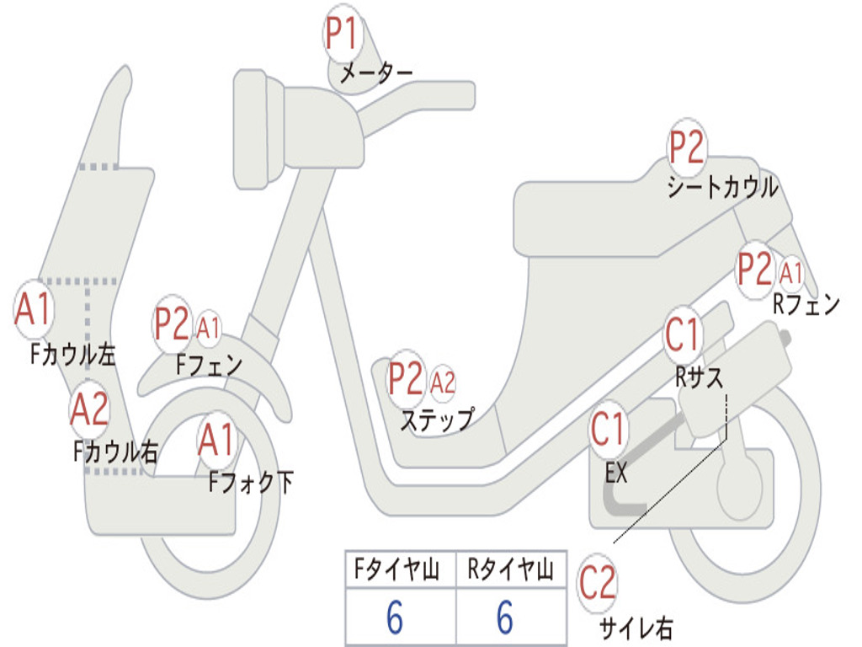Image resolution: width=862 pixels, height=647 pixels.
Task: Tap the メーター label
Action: [375, 74]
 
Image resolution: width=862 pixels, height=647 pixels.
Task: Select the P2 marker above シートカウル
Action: [687, 149]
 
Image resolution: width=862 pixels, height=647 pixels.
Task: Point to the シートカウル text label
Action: [722, 188]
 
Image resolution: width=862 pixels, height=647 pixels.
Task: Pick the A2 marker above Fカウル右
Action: [89, 409]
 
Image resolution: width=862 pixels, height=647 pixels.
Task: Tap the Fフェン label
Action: [209, 366]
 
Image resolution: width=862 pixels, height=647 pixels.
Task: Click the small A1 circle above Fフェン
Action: [208, 327]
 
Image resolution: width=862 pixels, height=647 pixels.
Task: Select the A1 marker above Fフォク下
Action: [217, 438]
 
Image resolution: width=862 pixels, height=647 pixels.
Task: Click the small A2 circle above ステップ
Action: [442, 383]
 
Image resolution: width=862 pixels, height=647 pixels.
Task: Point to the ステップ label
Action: [436, 420]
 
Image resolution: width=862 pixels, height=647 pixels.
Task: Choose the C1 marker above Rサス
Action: [683, 334]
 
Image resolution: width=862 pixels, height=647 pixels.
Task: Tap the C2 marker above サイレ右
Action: [598, 583]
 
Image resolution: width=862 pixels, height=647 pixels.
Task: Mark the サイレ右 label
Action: [636, 628]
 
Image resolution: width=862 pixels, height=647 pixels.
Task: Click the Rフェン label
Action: [806, 306]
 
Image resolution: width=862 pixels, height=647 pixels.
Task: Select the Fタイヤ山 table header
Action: [399, 572]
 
